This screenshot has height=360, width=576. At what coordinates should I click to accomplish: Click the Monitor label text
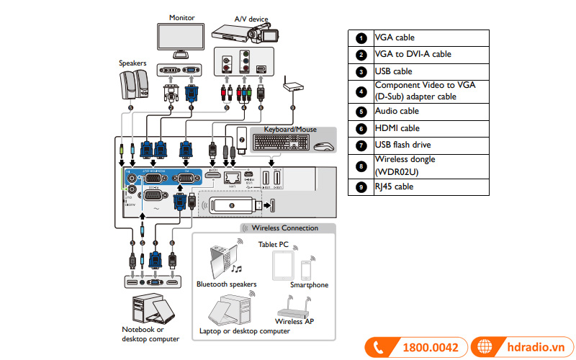[182, 17]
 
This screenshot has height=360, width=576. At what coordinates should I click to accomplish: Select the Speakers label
[132, 63]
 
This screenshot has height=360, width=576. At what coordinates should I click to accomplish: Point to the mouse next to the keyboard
[324, 146]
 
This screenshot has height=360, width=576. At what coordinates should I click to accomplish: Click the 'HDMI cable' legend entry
[397, 128]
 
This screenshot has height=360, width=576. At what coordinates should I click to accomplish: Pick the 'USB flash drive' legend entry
[402, 145]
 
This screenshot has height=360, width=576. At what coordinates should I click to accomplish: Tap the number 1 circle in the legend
[361, 37]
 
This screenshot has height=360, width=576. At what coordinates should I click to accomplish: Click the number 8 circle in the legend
[361, 166]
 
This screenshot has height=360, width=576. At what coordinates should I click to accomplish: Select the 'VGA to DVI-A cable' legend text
[413, 54]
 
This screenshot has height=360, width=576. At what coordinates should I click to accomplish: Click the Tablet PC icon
[282, 266]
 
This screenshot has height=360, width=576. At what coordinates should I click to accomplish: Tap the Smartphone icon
[306, 270]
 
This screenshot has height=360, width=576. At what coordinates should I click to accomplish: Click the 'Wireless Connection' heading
[284, 228]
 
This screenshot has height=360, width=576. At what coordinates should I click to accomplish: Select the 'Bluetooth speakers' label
[226, 284]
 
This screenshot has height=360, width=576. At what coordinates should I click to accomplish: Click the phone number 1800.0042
[430, 347]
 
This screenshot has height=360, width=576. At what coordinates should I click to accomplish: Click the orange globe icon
[487, 347]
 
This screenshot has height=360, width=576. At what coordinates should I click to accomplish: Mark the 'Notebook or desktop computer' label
[150, 334]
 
